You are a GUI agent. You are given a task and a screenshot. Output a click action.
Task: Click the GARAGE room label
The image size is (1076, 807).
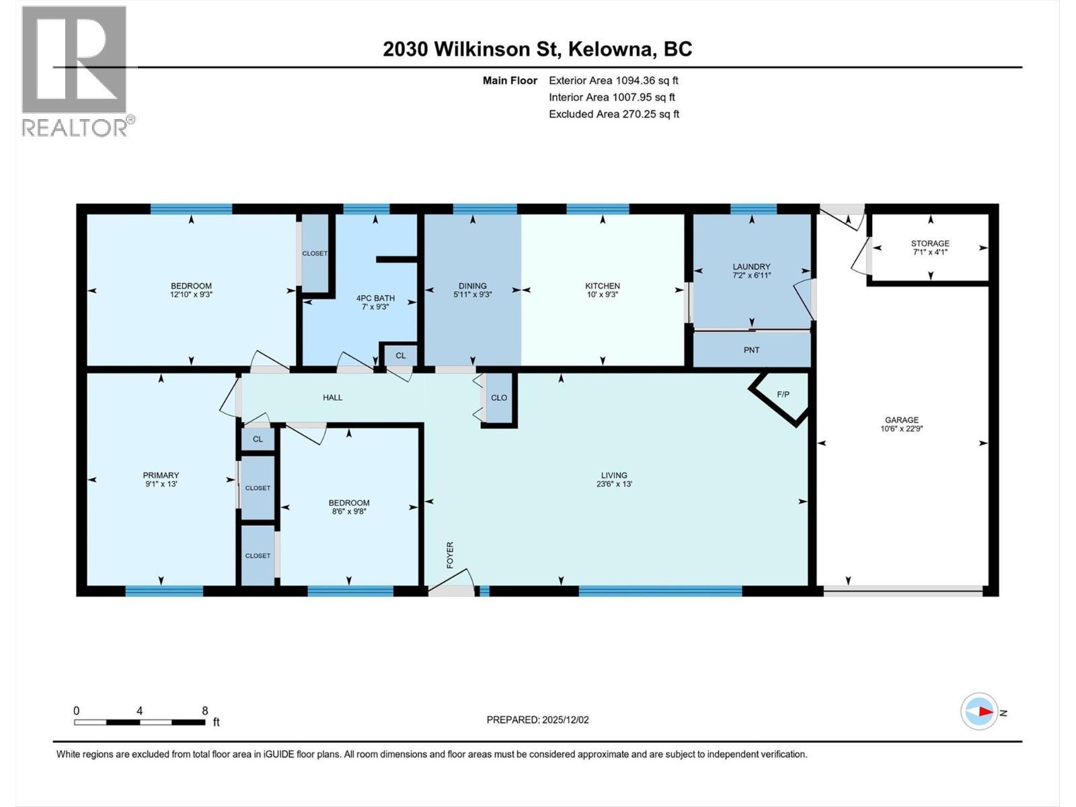point(901,420)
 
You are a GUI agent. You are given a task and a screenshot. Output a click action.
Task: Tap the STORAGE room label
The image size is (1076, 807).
point(930,243)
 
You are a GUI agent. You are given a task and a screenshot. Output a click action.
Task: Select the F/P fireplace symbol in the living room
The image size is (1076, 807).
point(783,395)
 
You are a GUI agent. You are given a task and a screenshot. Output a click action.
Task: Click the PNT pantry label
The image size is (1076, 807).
point(751,350)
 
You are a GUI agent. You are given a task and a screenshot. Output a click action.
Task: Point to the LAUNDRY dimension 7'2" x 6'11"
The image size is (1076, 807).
point(751,276)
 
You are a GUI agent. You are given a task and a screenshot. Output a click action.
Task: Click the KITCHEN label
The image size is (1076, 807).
point(602,286)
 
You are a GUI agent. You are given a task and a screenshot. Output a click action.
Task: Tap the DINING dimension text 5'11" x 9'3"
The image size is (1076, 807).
point(472,295)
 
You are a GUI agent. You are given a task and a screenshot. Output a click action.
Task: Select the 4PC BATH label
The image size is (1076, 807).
point(375,298)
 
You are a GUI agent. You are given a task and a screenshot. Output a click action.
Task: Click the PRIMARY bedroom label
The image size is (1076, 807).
point(161,475)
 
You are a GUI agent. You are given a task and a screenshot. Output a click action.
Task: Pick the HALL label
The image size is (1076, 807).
point(332,397)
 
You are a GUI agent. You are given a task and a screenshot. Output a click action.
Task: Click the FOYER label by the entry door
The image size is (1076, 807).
point(450,555)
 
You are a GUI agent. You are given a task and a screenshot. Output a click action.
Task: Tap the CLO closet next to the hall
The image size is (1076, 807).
point(498,397)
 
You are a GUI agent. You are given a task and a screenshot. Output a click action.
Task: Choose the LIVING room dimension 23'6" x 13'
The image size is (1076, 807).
point(613,484)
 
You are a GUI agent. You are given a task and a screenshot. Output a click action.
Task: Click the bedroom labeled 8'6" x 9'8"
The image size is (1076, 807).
point(348,507)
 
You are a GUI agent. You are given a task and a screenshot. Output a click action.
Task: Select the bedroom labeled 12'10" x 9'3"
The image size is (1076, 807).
point(191,290)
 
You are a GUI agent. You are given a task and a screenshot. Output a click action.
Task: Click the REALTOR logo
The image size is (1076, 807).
point(75,71)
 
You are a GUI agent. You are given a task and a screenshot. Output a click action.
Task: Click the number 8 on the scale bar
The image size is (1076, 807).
point(205,711)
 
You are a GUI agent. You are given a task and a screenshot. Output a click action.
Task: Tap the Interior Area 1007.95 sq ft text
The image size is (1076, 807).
point(611,98)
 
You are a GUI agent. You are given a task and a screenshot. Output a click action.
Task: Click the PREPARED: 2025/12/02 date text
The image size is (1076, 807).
point(537,720)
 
